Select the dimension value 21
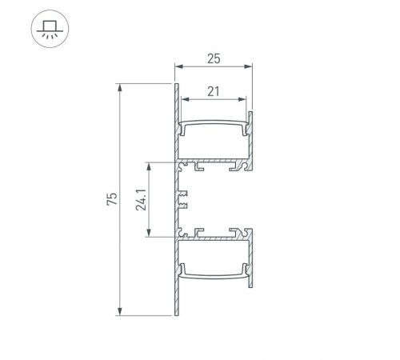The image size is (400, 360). pyautogui.click(x=213, y=92)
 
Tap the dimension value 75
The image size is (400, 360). pyautogui.click(x=113, y=198)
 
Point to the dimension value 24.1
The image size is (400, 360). pyautogui.click(x=140, y=198)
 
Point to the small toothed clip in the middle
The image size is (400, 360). pyautogui.click(x=182, y=198)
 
